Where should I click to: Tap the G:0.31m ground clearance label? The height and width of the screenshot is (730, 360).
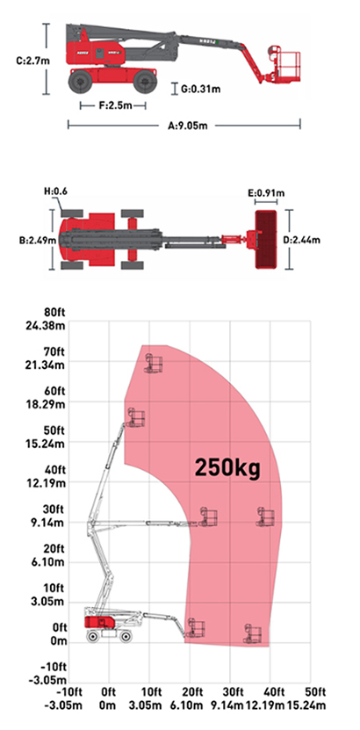tap(201, 89)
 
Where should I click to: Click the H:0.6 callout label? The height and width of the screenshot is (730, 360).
tap(55, 192)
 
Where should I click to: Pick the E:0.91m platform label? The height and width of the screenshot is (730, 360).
tap(266, 192)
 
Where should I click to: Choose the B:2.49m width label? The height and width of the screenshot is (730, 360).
tap(38, 241)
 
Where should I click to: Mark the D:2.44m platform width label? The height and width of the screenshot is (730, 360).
tap(301, 240)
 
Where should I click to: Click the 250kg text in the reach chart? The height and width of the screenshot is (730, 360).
tap(228, 467)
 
